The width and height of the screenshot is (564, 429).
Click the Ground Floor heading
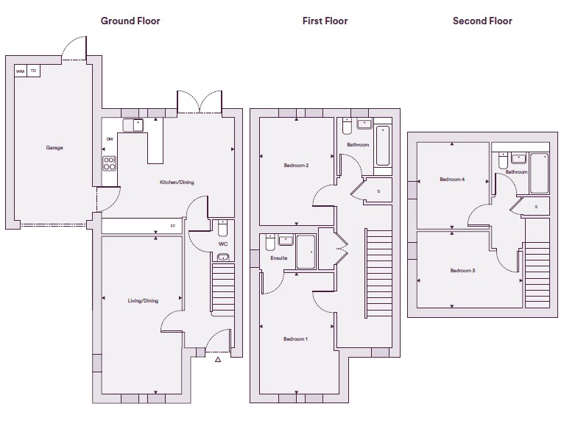pyautogui.click(x=130, y=21)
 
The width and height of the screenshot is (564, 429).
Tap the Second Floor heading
pyautogui.click(x=482, y=21)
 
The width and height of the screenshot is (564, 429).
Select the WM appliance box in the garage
pyautogui.click(x=21, y=71)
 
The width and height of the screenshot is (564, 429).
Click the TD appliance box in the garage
pyautogui.click(x=33, y=71)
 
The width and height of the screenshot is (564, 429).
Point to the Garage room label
pyautogui.click(x=54, y=147)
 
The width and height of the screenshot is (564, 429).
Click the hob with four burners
pyautogui.click(x=110, y=163)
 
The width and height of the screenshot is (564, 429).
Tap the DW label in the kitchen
pyautogui.click(x=110, y=139)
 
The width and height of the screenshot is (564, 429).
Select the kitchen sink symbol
pyautogui.click(x=133, y=125)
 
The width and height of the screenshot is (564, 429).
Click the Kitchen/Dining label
pyautogui.click(x=177, y=182)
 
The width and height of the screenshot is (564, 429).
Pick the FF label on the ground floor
pyautogui.click(x=173, y=226)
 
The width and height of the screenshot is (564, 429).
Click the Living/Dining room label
pyautogui.click(x=143, y=301)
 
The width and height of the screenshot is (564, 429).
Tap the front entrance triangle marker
pyautogui.click(x=218, y=359)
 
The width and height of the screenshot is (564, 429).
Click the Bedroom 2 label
pyautogui.click(x=296, y=166)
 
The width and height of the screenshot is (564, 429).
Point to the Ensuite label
pyautogui.click(x=279, y=258)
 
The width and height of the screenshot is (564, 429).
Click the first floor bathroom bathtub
pyautogui.click(x=383, y=146)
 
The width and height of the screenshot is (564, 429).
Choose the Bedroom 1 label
pyautogui.click(x=295, y=338)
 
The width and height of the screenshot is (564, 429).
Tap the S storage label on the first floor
pyautogui.click(x=378, y=191)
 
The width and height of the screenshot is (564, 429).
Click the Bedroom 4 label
pyautogui.click(x=452, y=179)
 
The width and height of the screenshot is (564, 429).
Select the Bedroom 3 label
pyautogui.click(x=462, y=270)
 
